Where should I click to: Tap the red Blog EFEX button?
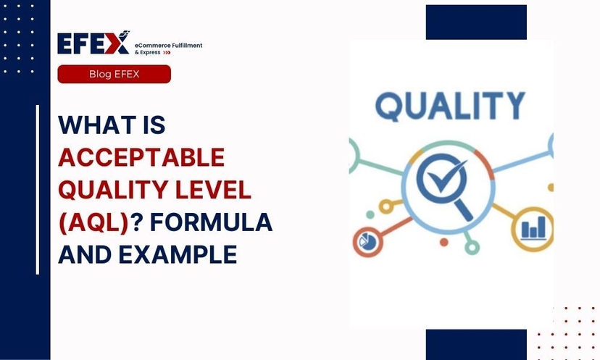(x=114, y=74)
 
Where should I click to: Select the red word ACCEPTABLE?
(x=141, y=157)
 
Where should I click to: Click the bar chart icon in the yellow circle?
(x=532, y=229)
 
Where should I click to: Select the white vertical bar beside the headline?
(x=38, y=190)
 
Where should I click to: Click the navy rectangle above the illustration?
(x=475, y=22)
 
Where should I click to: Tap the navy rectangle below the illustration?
(x=475, y=344)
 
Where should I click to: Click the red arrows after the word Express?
(x=166, y=53)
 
